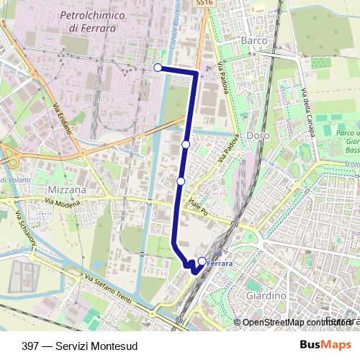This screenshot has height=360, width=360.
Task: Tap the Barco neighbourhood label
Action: click(x=254, y=41)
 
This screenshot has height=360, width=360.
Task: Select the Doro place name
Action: click(x=256, y=135)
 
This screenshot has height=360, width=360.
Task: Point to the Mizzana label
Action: click(x=67, y=190)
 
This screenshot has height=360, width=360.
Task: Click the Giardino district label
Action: click(x=266, y=295)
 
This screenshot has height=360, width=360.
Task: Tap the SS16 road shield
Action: click(x=204, y=4)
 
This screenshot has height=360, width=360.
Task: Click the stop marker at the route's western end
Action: click(x=158, y=68)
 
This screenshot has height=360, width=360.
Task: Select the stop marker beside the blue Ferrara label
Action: click(x=202, y=261)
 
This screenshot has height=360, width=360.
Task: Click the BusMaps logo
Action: click(x=326, y=346)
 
